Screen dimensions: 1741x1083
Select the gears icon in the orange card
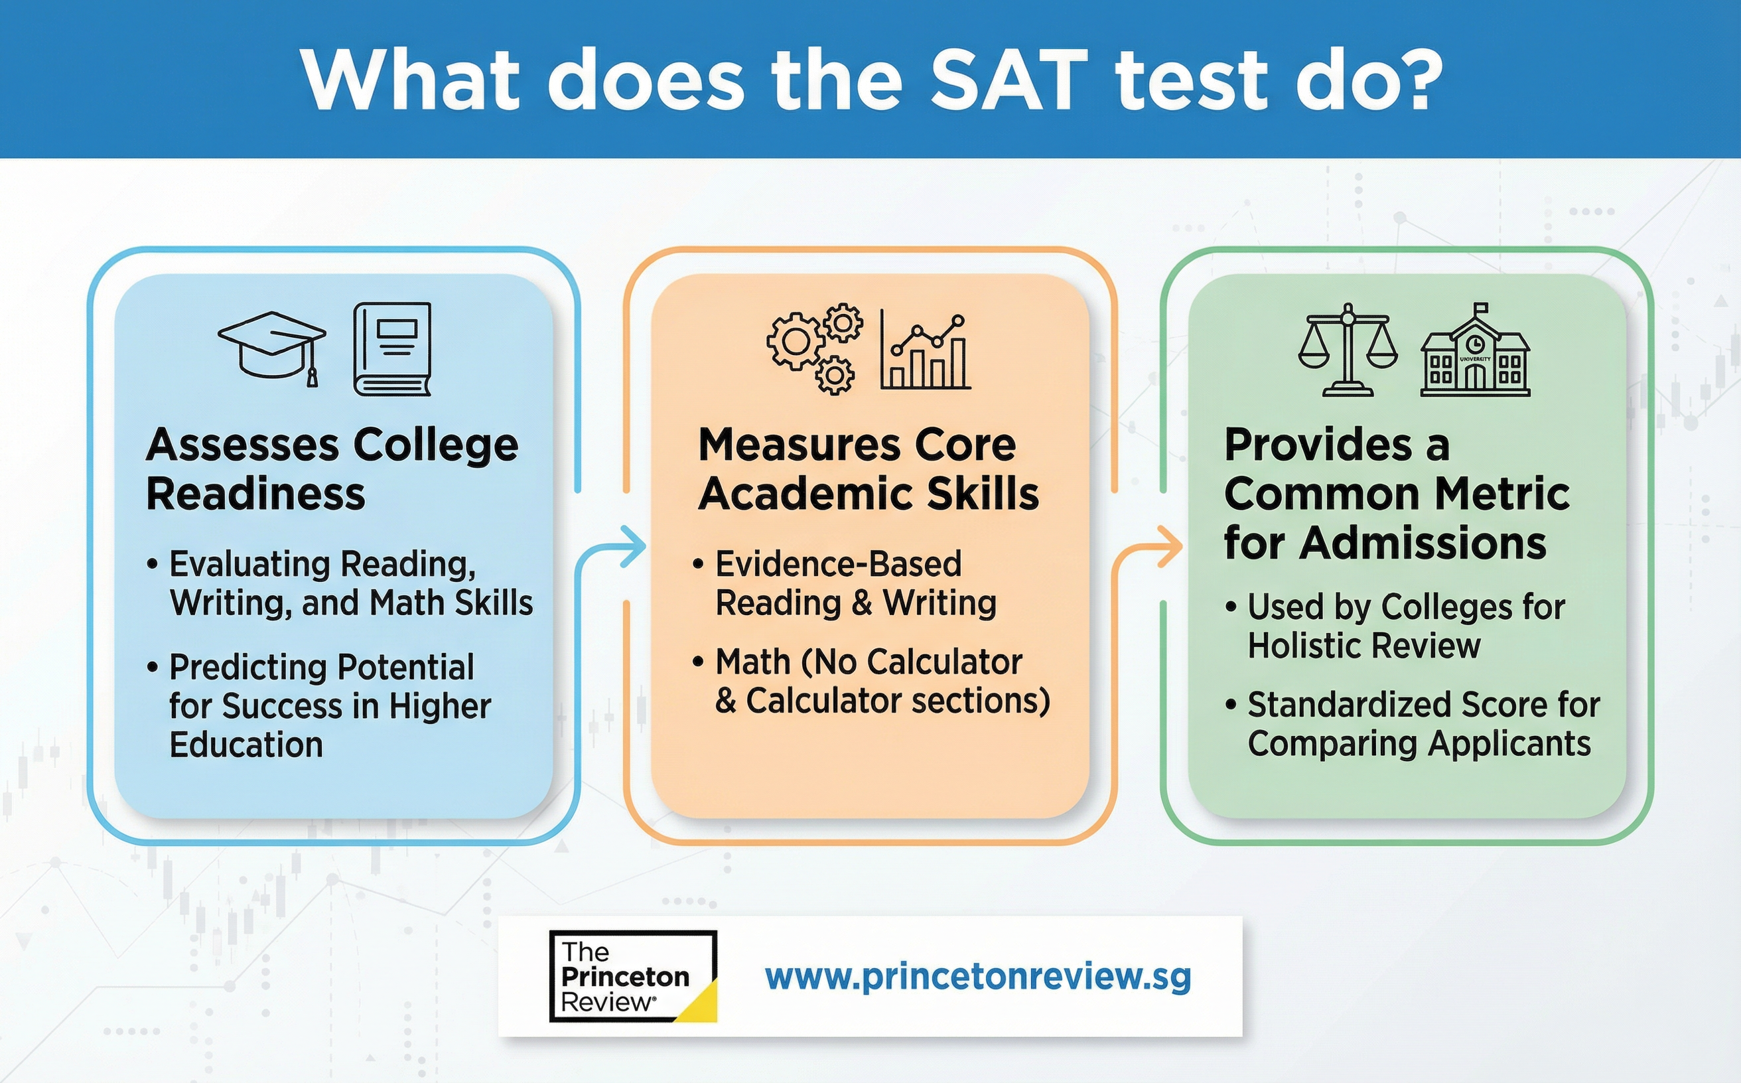(x=814, y=348)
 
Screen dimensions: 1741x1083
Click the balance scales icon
(x=1348, y=350)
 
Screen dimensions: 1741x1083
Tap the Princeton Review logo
(x=633, y=975)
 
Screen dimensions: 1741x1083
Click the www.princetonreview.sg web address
(x=978, y=977)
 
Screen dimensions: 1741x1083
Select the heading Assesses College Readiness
(x=332, y=469)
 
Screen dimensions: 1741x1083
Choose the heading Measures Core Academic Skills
(x=869, y=469)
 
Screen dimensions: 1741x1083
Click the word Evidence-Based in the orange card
(x=839, y=563)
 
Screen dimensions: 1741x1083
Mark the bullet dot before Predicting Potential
(x=152, y=667)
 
